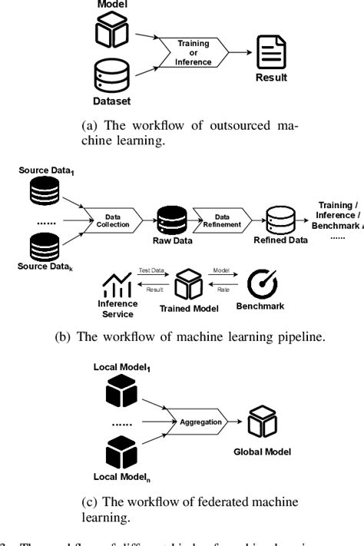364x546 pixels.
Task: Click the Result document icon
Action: click(x=270, y=52)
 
